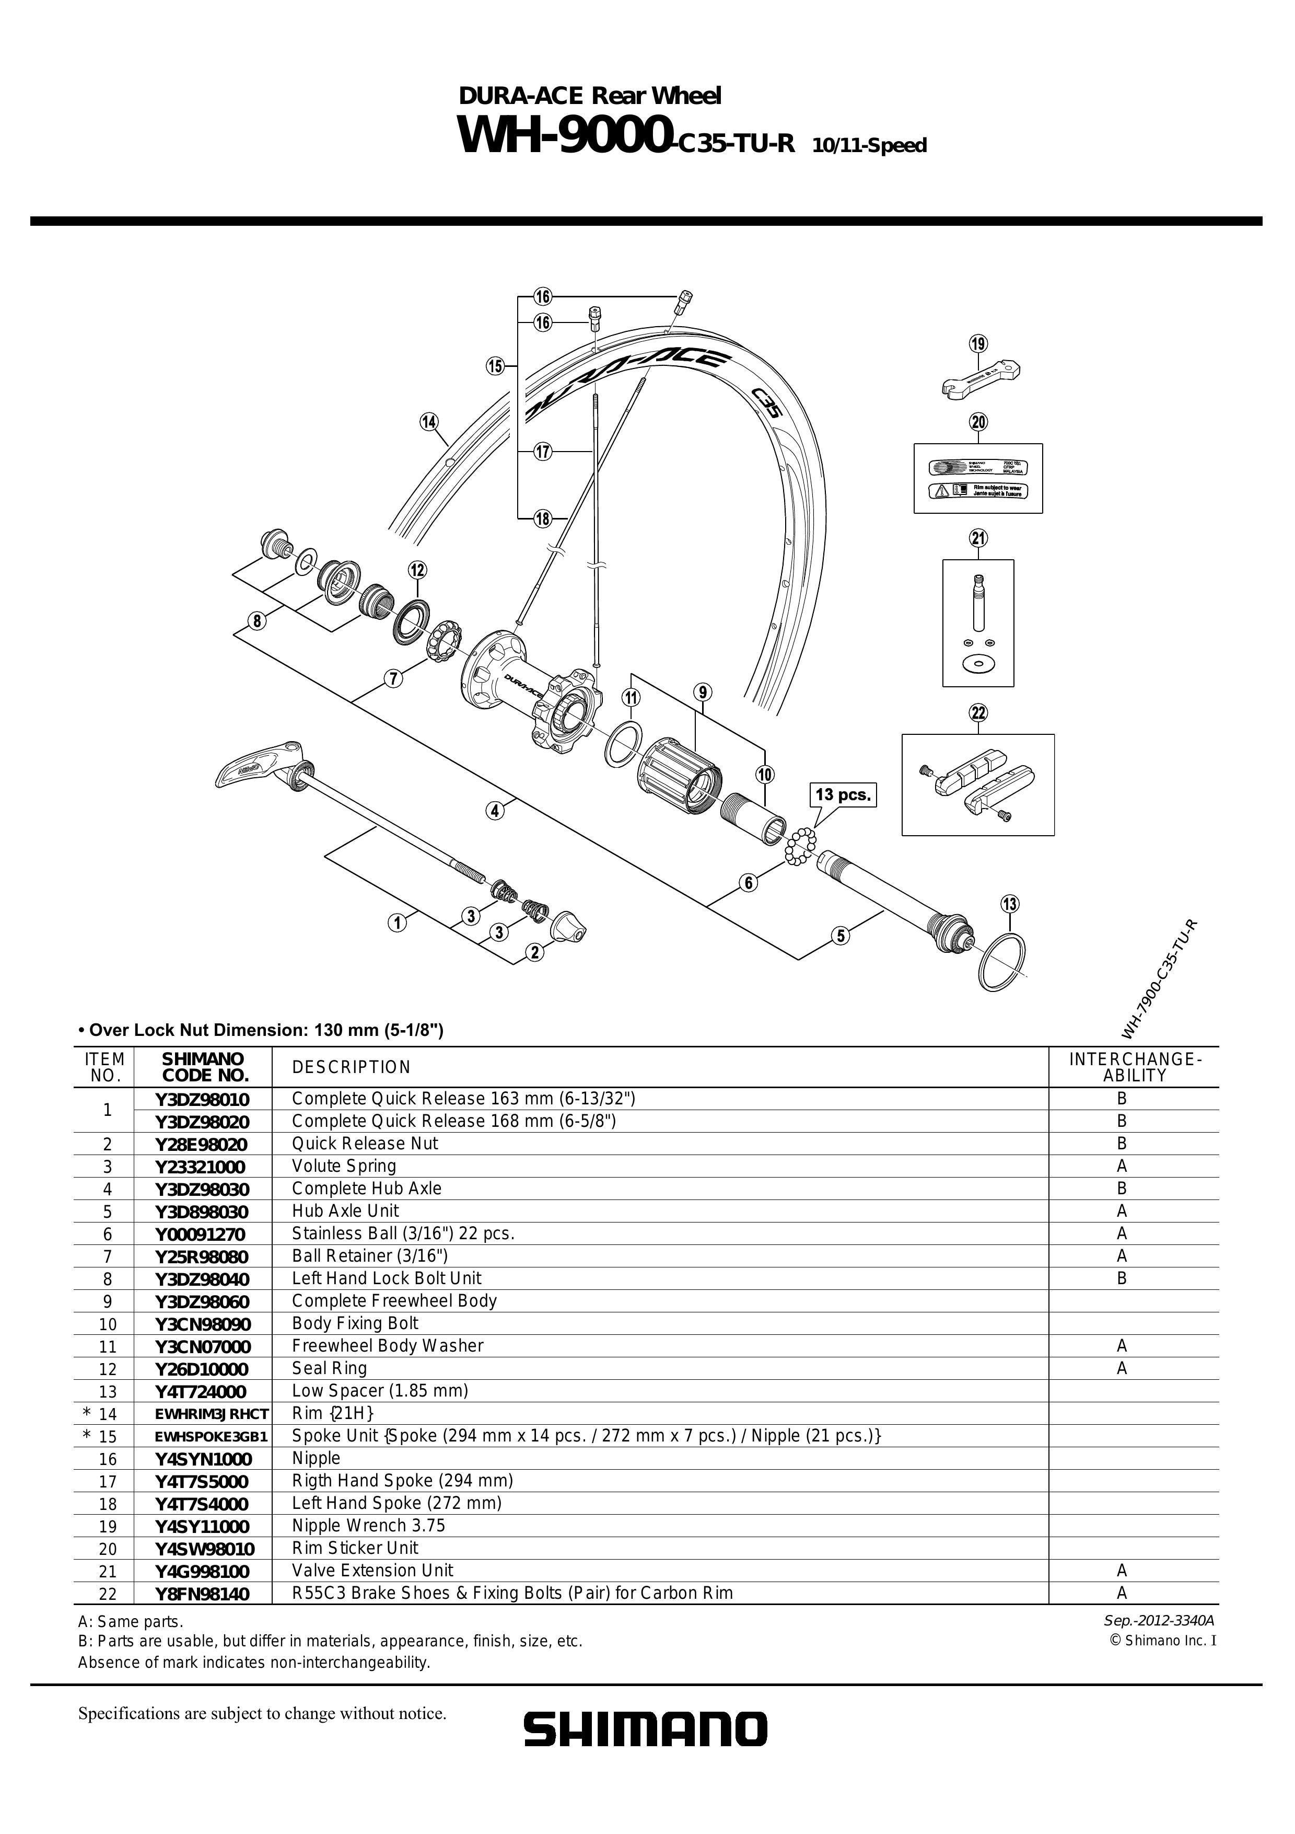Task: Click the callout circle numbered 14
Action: pyautogui.click(x=429, y=422)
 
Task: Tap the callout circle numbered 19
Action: pyautogui.click(x=978, y=344)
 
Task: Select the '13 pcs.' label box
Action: pyautogui.click(x=843, y=795)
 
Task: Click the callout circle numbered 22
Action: pyautogui.click(x=978, y=712)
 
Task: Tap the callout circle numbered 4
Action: pyautogui.click(x=495, y=811)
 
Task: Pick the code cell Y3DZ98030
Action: pyautogui.click(x=202, y=1189)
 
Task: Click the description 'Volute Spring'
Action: pyautogui.click(x=344, y=1166)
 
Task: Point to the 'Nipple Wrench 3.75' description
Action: pyautogui.click(x=368, y=1526)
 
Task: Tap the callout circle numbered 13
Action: pyautogui.click(x=1010, y=904)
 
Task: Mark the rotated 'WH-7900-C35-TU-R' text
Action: pyautogui.click(x=1159, y=979)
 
